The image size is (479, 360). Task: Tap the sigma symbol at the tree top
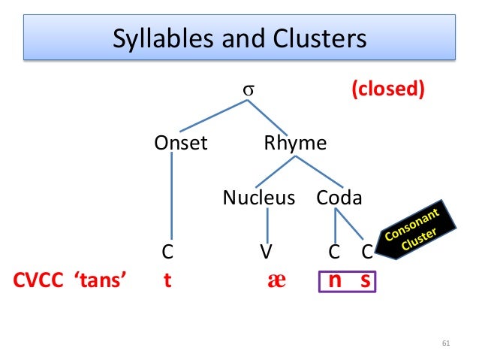pos(247,89)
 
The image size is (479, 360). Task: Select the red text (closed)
pos(388,89)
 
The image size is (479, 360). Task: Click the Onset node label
pos(180,143)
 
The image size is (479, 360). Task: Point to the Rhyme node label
pos(295,143)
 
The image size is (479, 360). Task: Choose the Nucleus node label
pos(259,198)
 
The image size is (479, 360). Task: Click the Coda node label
pos(339,198)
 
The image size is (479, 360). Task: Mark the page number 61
pos(445,344)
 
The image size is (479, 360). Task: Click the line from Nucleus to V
pos(267,225)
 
